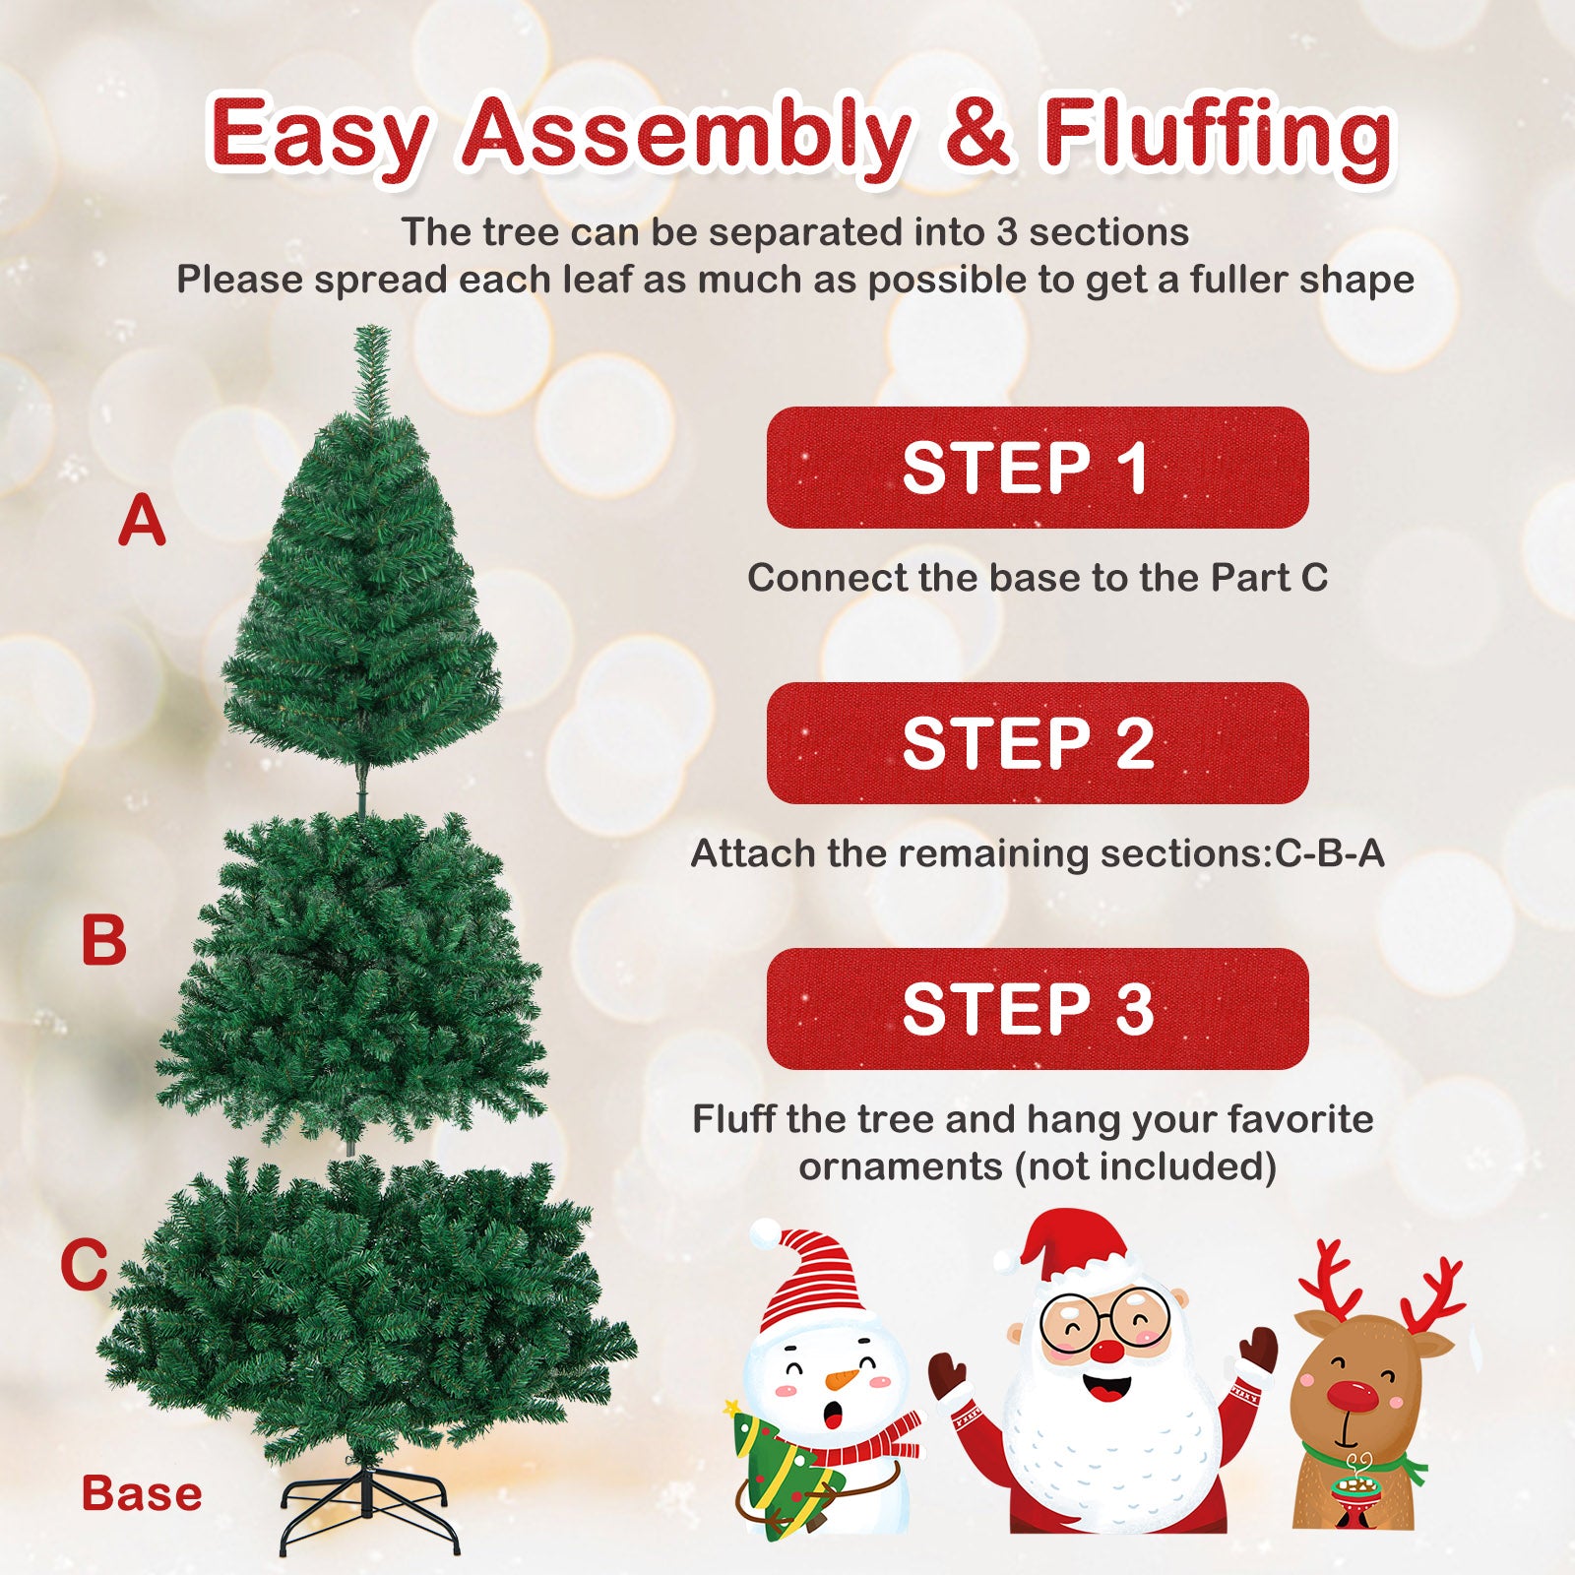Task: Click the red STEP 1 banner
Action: point(1037,468)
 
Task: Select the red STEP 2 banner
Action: point(1037,743)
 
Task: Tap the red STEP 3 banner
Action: point(1037,1009)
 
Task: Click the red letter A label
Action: point(142,521)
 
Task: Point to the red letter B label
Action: point(104,940)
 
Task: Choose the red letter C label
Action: point(84,1265)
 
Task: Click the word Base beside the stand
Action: point(142,1493)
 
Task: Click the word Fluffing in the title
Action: point(1218,133)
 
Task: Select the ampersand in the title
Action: point(976,133)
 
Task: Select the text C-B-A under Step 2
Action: point(1330,853)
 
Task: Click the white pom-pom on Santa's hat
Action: point(1005,1259)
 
